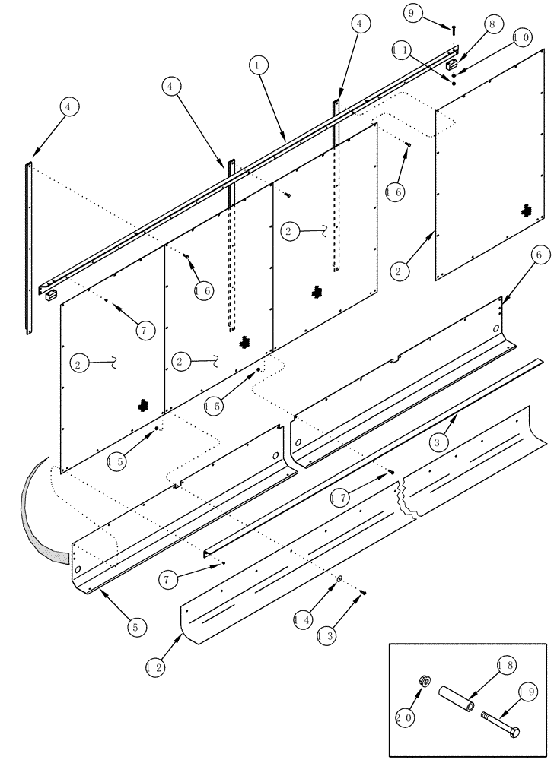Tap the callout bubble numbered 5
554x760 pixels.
click(x=135, y=627)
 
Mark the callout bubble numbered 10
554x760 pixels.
click(x=521, y=37)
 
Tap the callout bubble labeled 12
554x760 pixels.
click(x=154, y=668)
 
